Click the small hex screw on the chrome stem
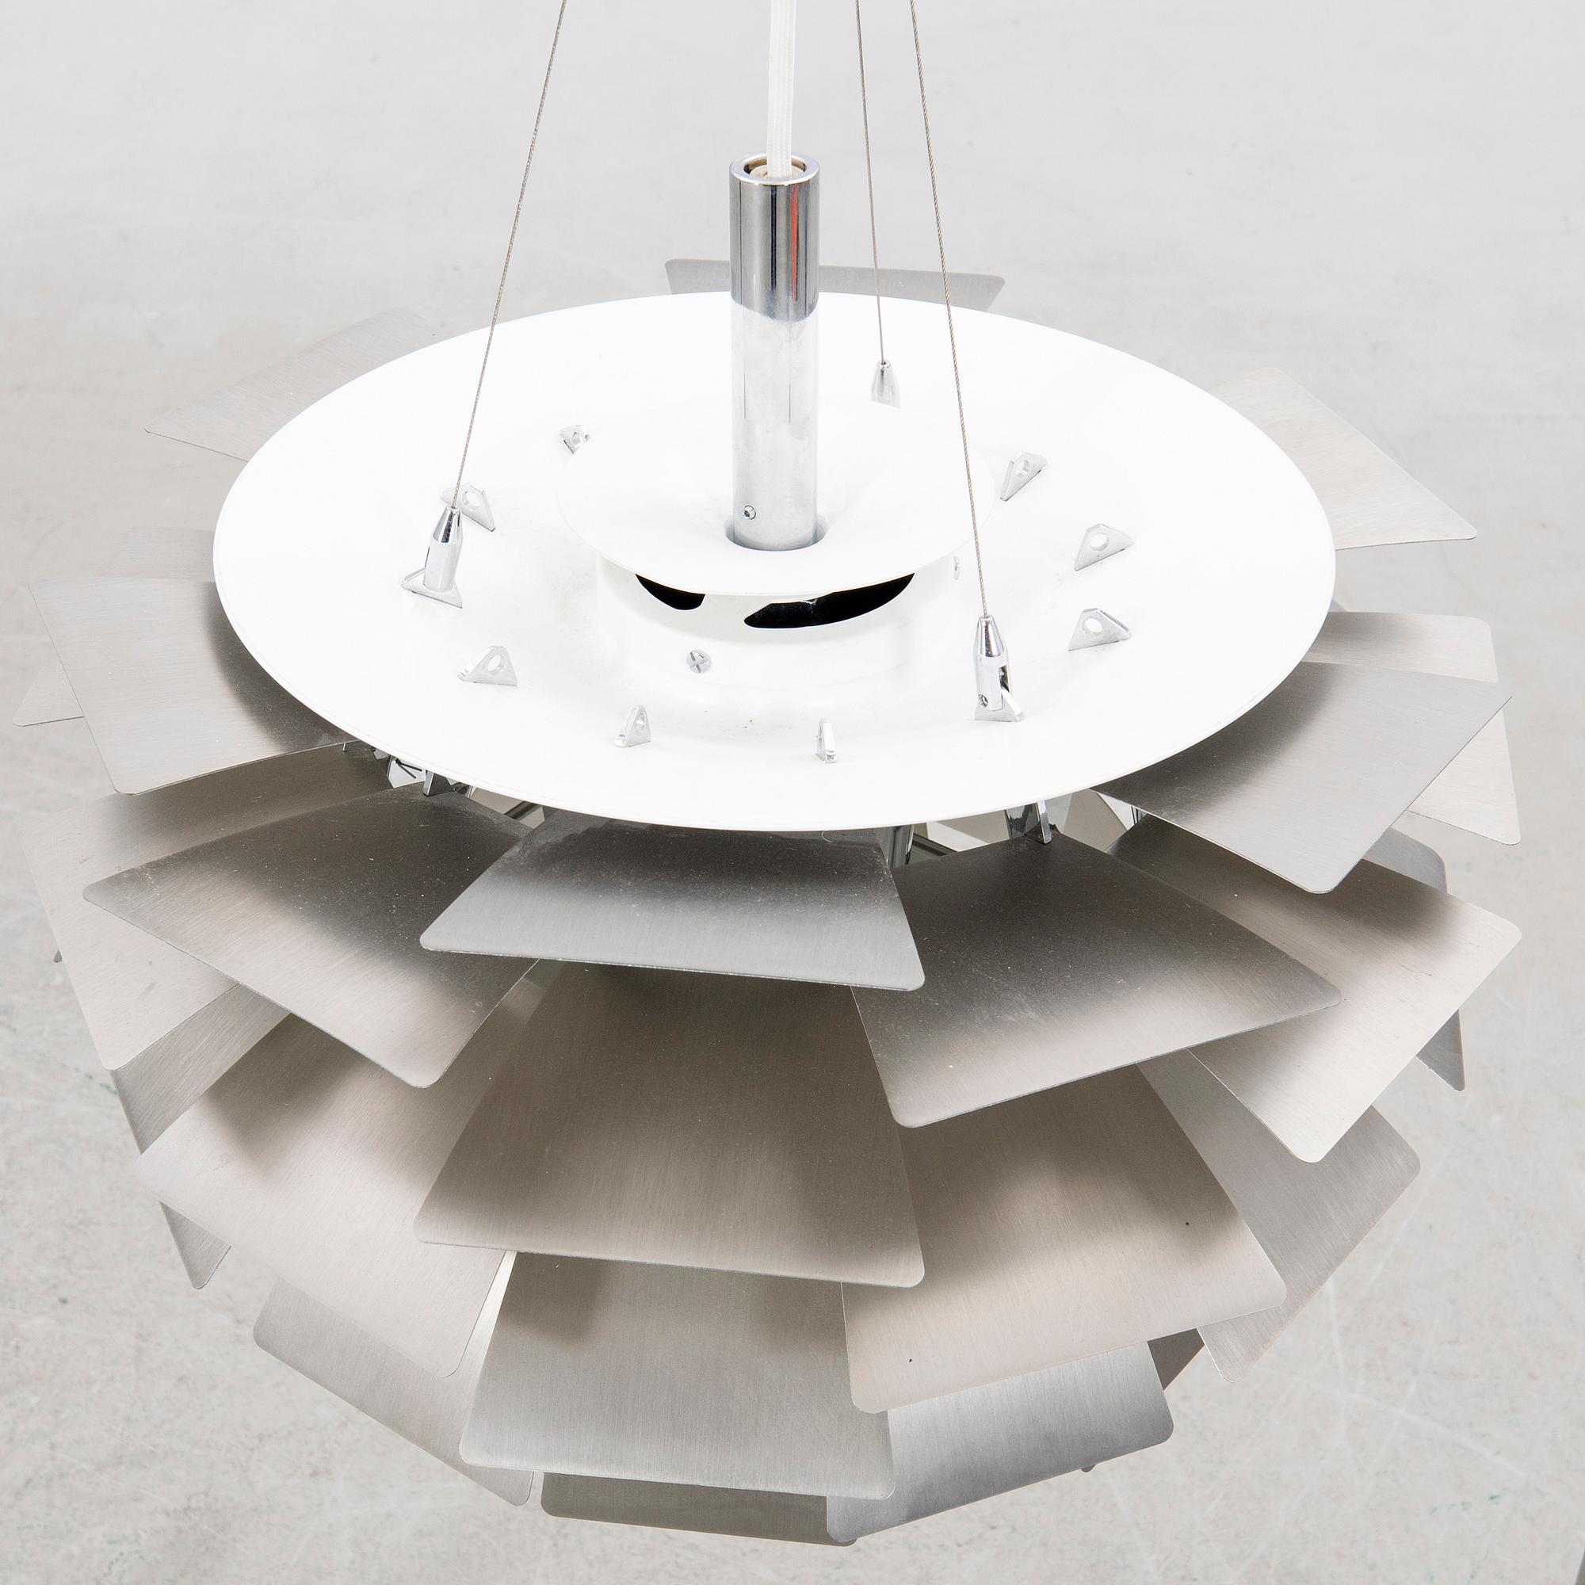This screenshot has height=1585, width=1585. point(747,512)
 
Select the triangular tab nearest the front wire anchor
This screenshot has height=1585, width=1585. point(1099,628)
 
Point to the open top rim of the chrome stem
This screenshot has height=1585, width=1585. point(773,171)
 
